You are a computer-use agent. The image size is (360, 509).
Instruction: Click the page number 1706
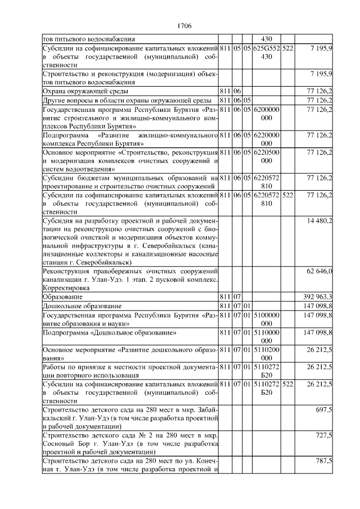click(x=184, y=26)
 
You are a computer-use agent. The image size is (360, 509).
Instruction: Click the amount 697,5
click(x=323, y=411)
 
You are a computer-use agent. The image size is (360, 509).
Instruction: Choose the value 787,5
click(x=323, y=461)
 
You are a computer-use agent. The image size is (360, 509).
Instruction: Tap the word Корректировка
click(x=67, y=287)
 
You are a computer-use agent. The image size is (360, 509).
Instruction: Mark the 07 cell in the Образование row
click(x=237, y=296)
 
